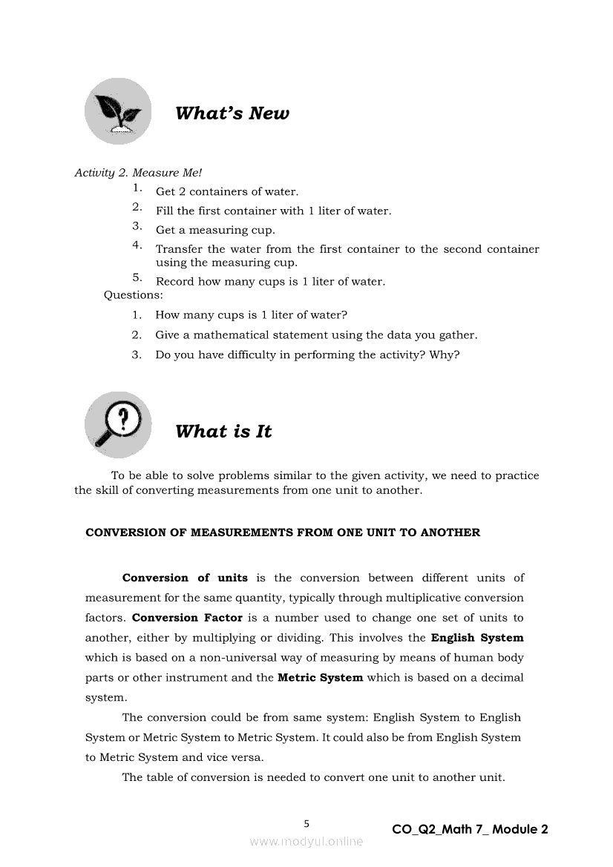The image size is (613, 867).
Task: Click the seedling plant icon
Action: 118,111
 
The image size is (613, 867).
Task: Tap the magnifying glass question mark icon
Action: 118,424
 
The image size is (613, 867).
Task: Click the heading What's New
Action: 232,113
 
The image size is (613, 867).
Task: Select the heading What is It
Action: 223,432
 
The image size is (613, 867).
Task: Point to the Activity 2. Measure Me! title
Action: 128,173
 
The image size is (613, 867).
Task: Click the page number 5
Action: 306,823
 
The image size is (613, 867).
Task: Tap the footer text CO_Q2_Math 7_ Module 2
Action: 470,829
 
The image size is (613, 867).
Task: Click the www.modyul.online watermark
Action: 306,841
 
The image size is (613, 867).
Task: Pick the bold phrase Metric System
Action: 320,678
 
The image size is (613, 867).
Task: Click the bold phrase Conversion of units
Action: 185,578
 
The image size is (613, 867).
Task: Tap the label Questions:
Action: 134,295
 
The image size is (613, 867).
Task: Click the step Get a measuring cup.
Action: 215,231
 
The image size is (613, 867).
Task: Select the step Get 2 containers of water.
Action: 227,192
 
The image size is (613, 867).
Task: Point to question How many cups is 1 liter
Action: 252,315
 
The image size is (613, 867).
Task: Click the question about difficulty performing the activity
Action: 307,355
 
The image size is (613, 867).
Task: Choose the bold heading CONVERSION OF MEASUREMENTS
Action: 283,533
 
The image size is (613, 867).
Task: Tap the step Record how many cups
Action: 270,282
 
